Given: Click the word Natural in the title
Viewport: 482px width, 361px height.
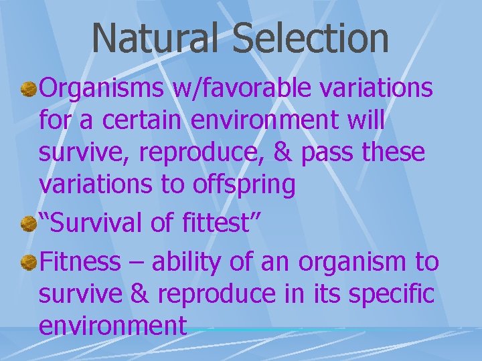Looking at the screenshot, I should click(154, 38).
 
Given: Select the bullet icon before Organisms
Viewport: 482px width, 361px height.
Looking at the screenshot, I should click(27, 89).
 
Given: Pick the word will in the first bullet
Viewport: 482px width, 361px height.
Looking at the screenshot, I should click(366, 120).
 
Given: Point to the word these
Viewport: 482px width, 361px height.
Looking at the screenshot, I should click(396, 153).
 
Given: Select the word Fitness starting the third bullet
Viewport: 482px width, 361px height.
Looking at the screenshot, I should click(79, 261).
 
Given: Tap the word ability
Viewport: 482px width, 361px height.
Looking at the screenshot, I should click(181, 263).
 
